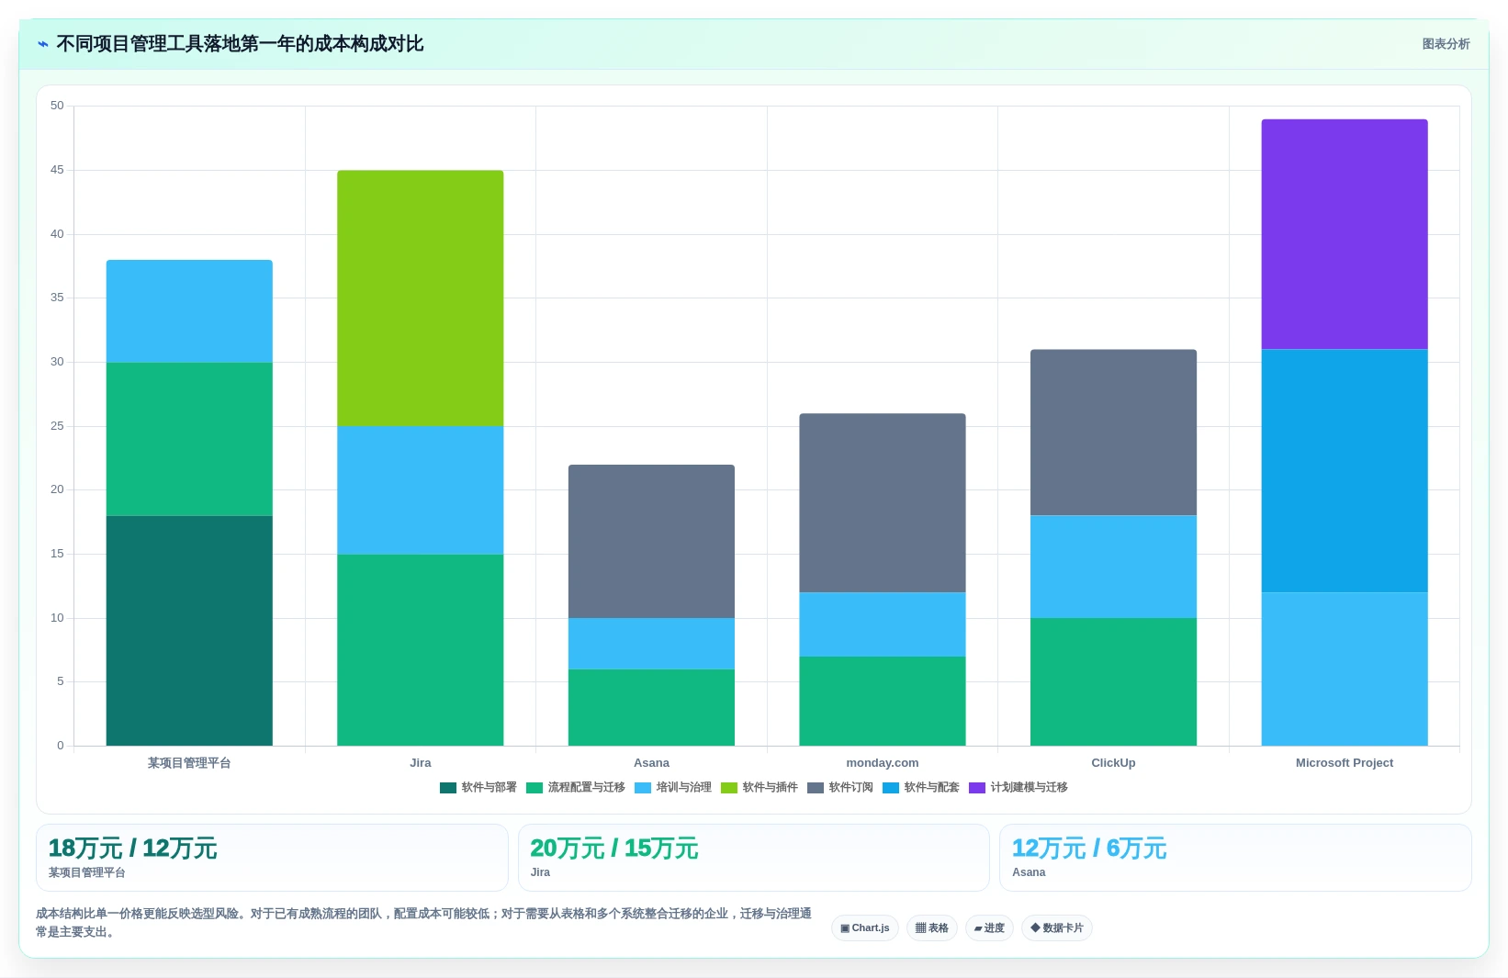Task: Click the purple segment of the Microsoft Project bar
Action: [1344, 234]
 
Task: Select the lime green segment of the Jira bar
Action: [420, 298]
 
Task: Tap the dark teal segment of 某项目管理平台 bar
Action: [189, 631]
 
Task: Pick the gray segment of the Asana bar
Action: [651, 541]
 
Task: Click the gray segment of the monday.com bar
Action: [882, 503]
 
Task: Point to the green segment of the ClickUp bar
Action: [1113, 681]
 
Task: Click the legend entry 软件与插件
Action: [759, 788]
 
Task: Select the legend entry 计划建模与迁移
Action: [1018, 788]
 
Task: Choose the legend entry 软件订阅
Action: [839, 788]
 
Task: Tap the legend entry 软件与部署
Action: [478, 788]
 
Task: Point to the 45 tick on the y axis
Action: [57, 170]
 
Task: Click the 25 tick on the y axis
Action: [57, 426]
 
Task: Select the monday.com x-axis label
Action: [882, 762]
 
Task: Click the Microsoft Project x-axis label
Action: [1344, 762]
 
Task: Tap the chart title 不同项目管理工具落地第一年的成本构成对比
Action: [240, 44]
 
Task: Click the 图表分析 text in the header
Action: [1446, 44]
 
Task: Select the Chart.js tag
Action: [864, 927]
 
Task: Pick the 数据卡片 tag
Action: [1056, 927]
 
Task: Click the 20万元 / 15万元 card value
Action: [614, 849]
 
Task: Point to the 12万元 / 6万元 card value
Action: [1088, 849]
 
